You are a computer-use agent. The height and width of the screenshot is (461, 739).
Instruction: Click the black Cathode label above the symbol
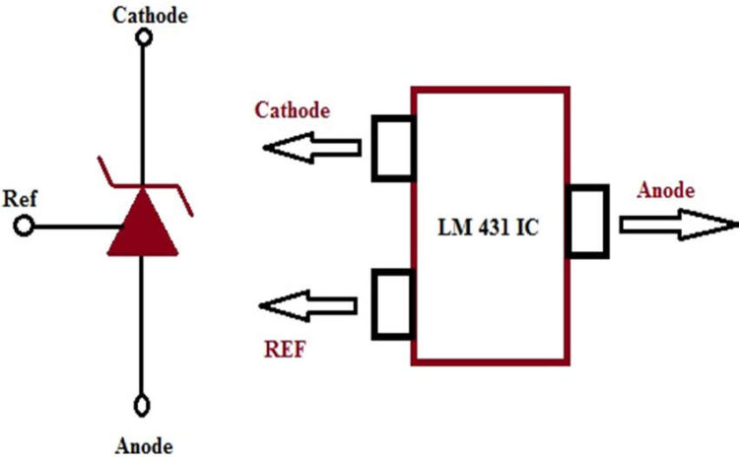pyautogui.click(x=149, y=15)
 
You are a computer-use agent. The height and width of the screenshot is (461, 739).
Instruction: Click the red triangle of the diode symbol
pyautogui.click(x=143, y=226)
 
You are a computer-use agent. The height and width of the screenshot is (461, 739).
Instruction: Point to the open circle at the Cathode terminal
pyautogui.click(x=144, y=37)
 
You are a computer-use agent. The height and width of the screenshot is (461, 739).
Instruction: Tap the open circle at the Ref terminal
pyautogui.click(x=25, y=228)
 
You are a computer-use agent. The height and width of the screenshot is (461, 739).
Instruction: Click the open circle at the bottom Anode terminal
pyautogui.click(x=144, y=404)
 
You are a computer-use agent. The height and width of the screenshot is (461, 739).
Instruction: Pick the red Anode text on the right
pyautogui.click(x=666, y=190)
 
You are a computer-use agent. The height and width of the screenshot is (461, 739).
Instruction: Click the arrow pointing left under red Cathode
pyautogui.click(x=313, y=149)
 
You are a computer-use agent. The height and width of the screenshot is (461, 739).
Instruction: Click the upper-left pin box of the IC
pyautogui.click(x=392, y=148)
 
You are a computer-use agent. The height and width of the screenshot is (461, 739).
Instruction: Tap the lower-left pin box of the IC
pyautogui.click(x=392, y=302)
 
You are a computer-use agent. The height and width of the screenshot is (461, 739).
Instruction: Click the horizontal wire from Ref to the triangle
pyautogui.click(x=74, y=228)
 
